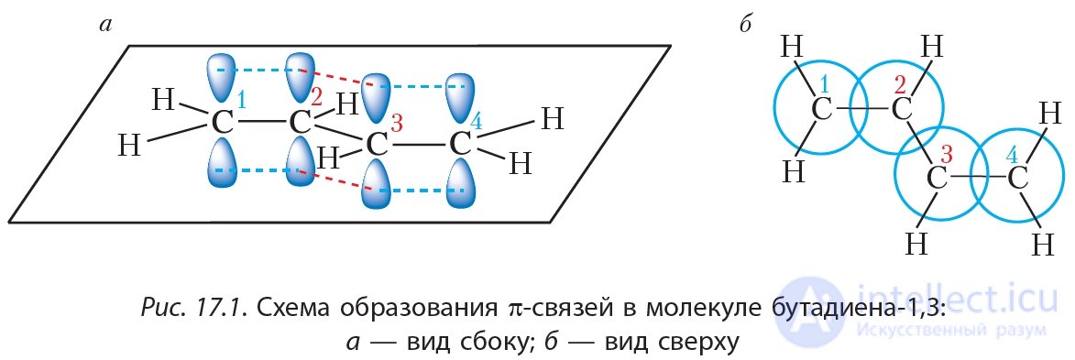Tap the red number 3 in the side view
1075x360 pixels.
tap(396, 123)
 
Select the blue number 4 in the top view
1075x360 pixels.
tap(1011, 154)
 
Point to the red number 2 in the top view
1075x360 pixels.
tap(899, 85)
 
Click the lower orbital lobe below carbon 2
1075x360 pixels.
tap(299, 165)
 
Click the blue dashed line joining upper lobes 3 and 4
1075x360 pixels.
tap(418, 87)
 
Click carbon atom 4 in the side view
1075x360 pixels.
tap(460, 145)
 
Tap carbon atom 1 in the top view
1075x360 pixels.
tap(821, 110)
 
